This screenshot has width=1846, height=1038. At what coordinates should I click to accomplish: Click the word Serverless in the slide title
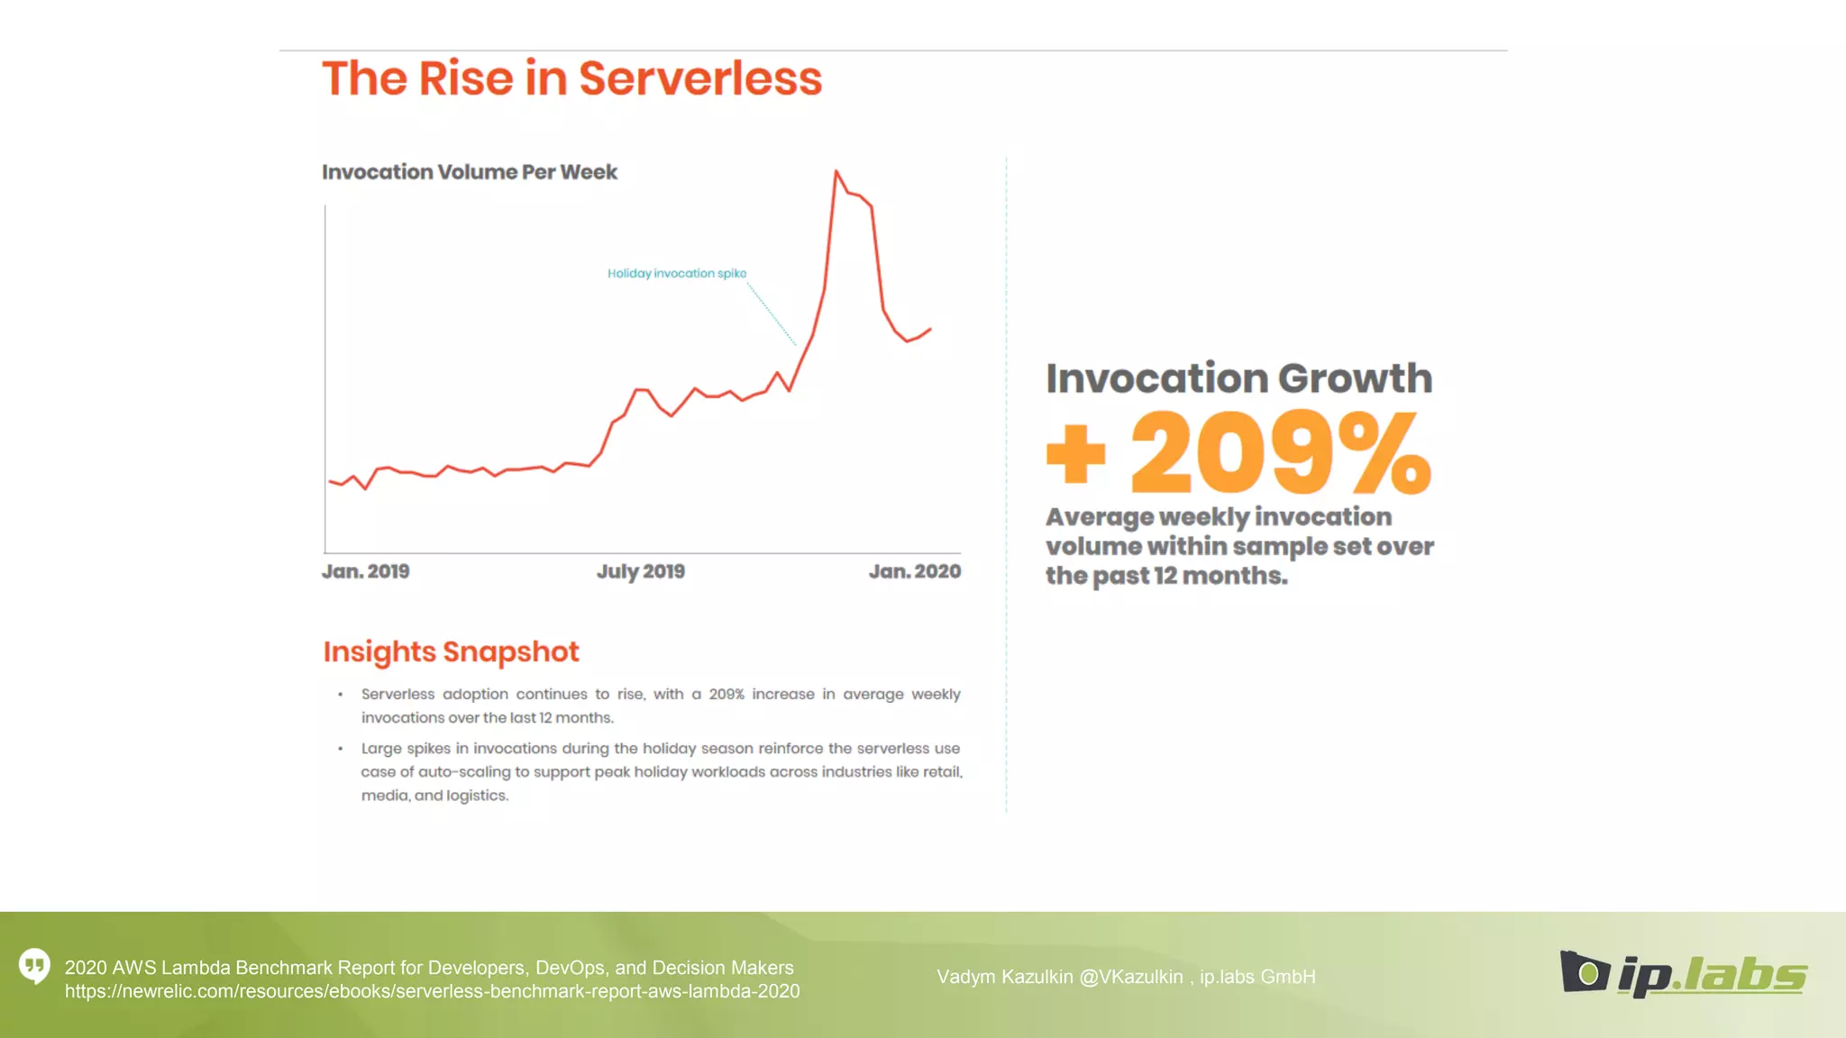tap(699, 78)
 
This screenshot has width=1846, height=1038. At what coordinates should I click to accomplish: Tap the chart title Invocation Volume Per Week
tap(469, 172)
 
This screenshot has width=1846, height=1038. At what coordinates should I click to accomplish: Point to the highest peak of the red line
tap(836, 171)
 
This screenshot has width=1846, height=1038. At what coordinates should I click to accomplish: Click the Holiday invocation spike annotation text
tap(676, 273)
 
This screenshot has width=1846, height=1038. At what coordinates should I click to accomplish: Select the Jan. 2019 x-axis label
tap(365, 571)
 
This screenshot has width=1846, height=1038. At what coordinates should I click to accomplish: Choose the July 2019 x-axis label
tap(640, 571)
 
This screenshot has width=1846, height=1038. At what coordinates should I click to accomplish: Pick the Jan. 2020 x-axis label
tap(914, 571)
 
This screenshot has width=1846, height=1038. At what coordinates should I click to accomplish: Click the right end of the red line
tap(930, 329)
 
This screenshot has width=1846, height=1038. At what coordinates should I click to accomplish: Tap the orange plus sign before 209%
tap(1075, 453)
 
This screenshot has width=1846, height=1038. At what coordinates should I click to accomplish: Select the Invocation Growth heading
tap(1238, 378)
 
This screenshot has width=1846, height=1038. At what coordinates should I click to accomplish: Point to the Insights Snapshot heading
tap(451, 651)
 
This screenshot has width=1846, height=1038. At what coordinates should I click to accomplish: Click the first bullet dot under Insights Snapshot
tap(340, 695)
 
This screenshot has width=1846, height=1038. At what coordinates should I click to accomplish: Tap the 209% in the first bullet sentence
tap(726, 694)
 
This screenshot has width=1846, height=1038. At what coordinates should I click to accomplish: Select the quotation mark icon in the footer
tap(34, 966)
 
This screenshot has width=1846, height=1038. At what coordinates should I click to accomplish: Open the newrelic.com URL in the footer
tap(432, 991)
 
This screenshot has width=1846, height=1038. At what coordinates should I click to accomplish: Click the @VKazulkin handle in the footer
tap(1130, 977)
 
